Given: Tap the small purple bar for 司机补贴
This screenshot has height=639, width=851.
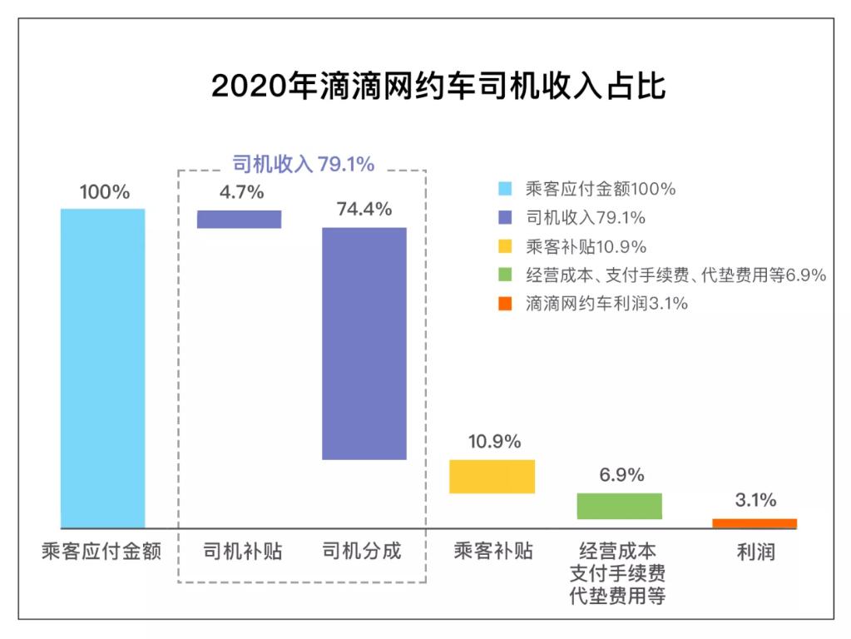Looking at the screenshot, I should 239,219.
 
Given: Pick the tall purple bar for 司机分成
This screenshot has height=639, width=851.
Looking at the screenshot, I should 364,343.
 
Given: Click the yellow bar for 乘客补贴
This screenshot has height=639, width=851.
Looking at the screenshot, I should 491,477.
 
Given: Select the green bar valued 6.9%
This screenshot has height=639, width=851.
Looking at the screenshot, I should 620,506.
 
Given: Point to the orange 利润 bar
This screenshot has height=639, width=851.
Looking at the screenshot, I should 755,523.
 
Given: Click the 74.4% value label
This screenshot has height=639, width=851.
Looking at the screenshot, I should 364,210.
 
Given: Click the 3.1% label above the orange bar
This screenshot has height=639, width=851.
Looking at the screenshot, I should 755,500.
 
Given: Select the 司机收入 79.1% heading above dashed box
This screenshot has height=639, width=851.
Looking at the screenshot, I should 303,164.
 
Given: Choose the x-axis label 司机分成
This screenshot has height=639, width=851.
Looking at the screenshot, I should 362,552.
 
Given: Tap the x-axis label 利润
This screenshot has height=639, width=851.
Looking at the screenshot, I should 755,552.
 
